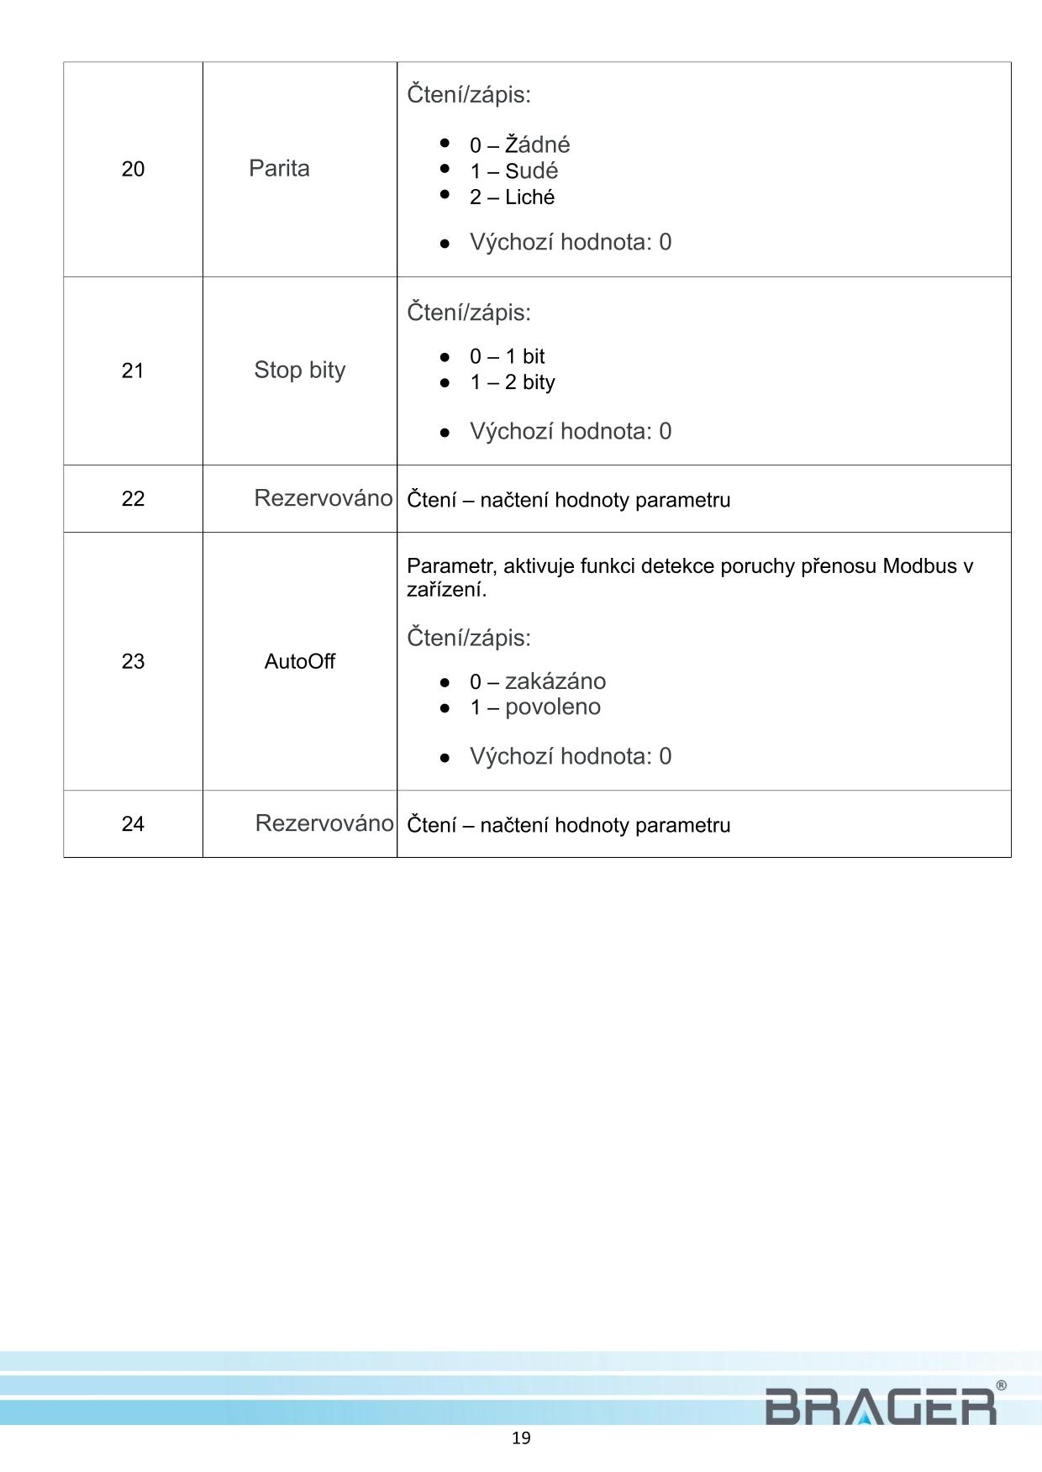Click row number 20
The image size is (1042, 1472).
[x=133, y=170]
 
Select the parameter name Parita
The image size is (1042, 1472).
[x=279, y=169]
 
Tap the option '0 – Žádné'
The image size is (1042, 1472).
[x=519, y=145]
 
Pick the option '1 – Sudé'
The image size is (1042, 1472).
[x=513, y=171]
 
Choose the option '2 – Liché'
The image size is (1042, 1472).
[x=512, y=197]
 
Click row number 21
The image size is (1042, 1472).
[x=133, y=371]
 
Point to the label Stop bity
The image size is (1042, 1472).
[x=300, y=371]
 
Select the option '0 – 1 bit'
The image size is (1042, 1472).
[x=507, y=356]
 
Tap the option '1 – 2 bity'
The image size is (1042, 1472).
[x=512, y=382]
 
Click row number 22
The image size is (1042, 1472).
[x=133, y=499]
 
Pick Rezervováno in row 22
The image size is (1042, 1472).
[x=323, y=498]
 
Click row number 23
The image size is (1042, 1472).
[x=133, y=662]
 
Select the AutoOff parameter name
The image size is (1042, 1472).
[x=299, y=662]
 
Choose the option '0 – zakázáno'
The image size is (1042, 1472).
[x=537, y=681]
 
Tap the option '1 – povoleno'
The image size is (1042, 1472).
[x=534, y=707]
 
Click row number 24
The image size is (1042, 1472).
[x=133, y=824]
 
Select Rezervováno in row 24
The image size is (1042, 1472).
[x=324, y=823]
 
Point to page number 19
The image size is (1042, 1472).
[x=521, y=1438]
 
